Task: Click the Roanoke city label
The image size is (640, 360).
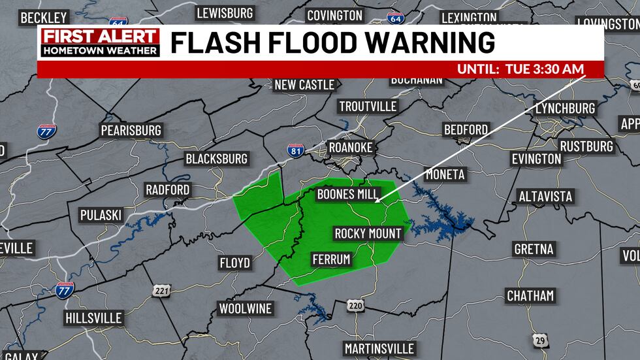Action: pyautogui.click(x=350, y=148)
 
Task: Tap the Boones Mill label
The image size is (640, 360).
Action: pyautogui.click(x=348, y=194)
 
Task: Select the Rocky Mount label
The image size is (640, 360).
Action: pyautogui.click(x=368, y=233)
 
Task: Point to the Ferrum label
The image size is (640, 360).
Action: pyautogui.click(x=331, y=259)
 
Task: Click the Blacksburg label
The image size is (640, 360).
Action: pyautogui.click(x=216, y=159)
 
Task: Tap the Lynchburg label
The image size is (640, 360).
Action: pyautogui.click(x=565, y=108)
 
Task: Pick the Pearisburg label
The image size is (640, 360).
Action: pyautogui.click(x=131, y=131)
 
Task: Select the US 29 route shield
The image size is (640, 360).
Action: pyautogui.click(x=539, y=340)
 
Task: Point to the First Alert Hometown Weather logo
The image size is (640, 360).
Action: pyautogui.click(x=100, y=43)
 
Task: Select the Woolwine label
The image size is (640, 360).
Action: pyautogui.click(x=246, y=308)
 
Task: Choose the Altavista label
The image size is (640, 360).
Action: pyautogui.click(x=545, y=196)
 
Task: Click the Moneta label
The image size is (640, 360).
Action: pyautogui.click(x=445, y=174)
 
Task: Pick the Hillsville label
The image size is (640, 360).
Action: pyautogui.click(x=93, y=318)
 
